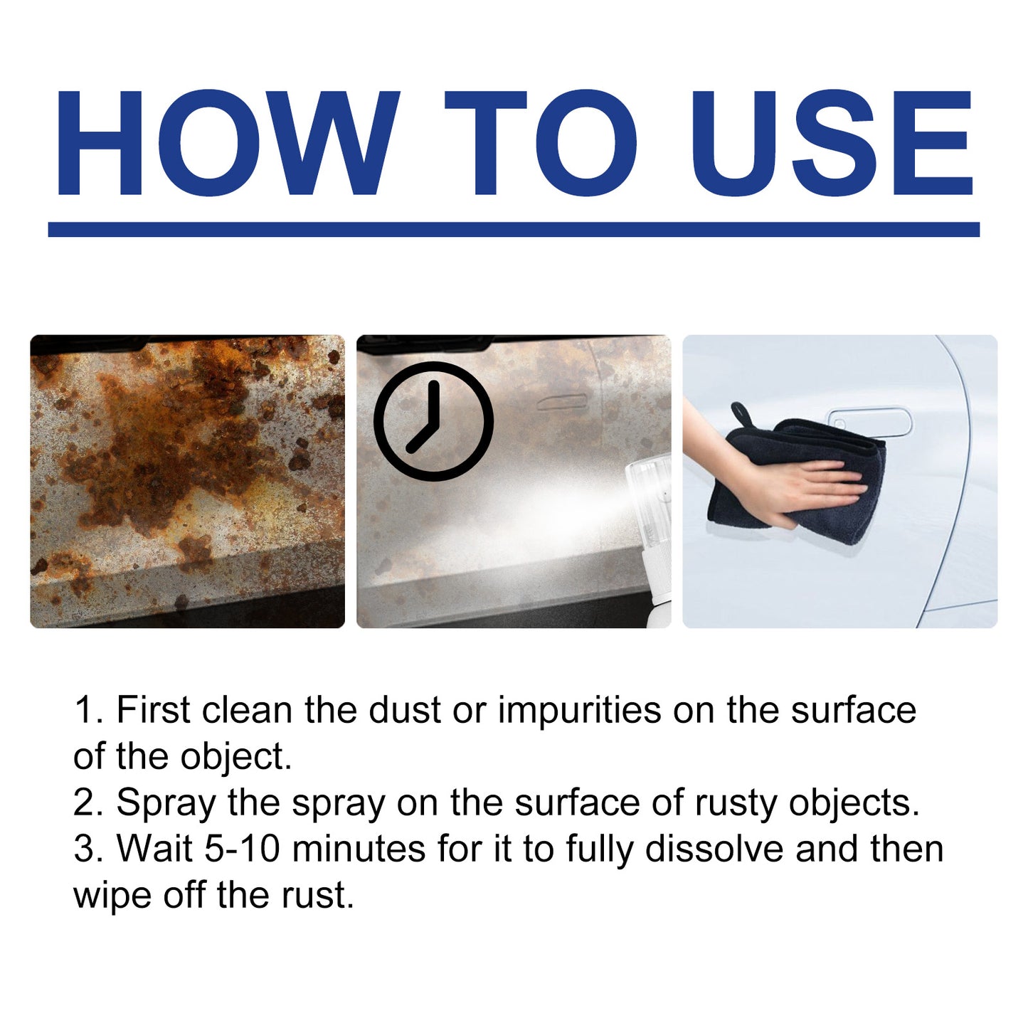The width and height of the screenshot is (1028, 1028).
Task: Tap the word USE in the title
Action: click(831, 143)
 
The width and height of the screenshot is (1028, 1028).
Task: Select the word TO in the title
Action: click(541, 143)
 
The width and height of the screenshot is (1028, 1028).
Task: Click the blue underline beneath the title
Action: click(514, 229)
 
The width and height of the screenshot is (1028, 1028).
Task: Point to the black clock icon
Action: click(433, 420)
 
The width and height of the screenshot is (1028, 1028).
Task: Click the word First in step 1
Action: click(153, 710)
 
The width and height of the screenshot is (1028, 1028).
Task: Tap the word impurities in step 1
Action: click(579, 710)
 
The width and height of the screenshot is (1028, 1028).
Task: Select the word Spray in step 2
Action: click(166, 803)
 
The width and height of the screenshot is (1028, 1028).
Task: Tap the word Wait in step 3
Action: click(154, 849)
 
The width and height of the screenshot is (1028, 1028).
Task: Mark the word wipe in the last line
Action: click(112, 896)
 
